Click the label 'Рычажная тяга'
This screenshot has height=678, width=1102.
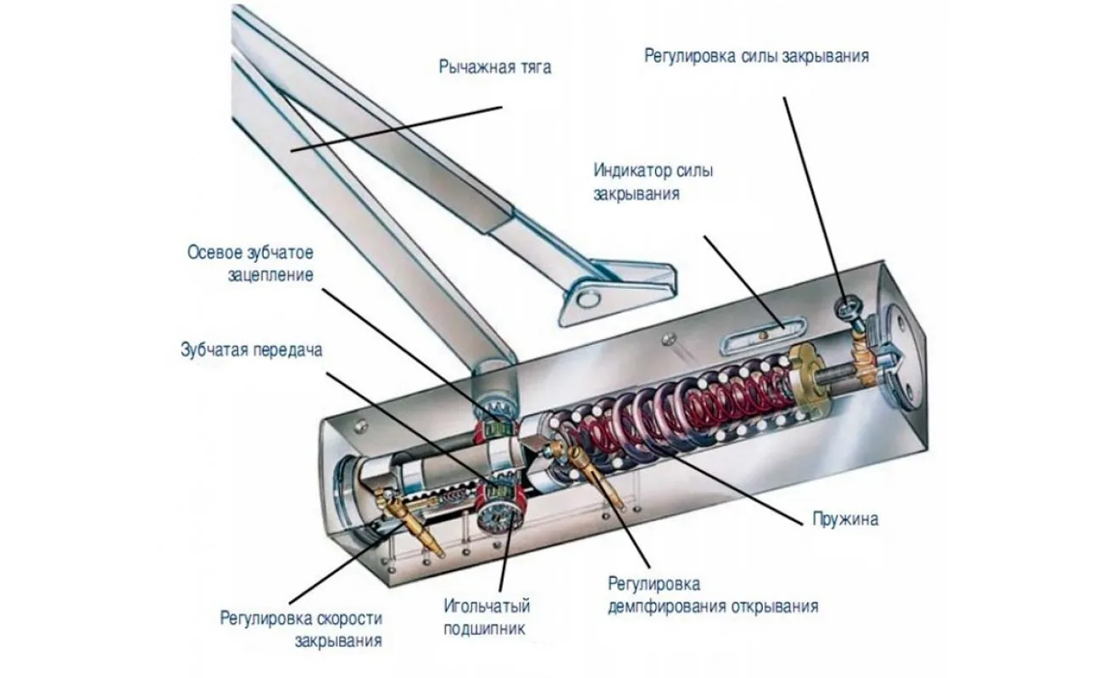pos(494,67)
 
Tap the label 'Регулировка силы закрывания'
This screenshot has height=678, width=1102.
pos(756,57)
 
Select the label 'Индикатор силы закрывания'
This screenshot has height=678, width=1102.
pos(653,181)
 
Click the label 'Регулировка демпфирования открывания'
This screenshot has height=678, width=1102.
pos(712,595)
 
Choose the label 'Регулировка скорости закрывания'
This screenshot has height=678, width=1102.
pos(300,628)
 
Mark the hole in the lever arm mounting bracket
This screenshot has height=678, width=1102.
pos(586,297)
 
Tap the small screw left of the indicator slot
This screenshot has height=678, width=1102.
pos(671,340)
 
